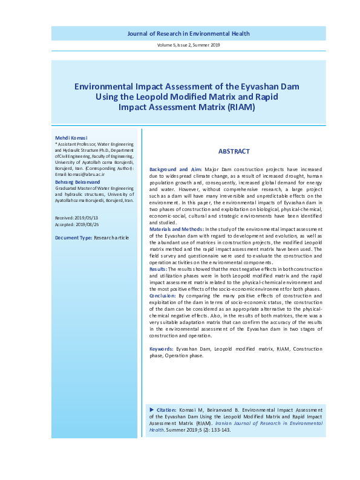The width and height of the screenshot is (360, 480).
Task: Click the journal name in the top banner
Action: coord(188,34)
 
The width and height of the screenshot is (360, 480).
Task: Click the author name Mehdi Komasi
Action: coord(71,138)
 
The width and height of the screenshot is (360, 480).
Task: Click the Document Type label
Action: coord(73,238)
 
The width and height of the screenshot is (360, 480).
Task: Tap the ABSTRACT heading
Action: coord(234,152)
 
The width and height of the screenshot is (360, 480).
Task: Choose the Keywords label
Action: coord(161,349)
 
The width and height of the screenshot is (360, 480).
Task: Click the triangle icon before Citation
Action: coord(151,409)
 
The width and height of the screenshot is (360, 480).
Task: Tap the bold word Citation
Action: coord(166,409)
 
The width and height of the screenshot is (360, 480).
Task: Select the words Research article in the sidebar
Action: coord(111,238)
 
